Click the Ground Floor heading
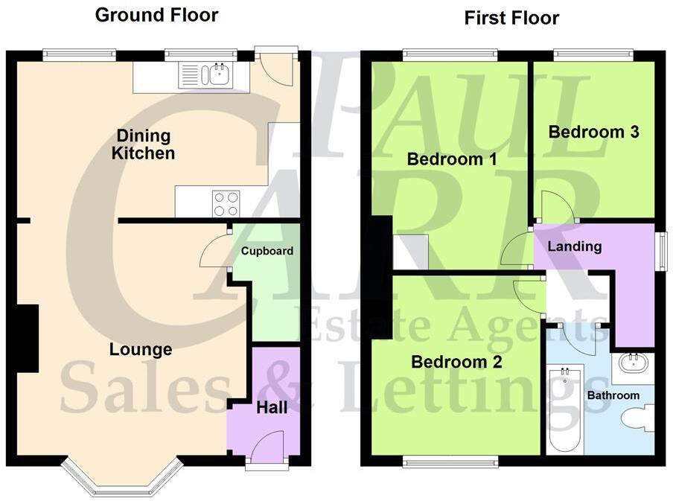[x=156, y=15]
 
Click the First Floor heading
[x=511, y=18]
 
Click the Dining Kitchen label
[x=143, y=145]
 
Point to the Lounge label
[x=141, y=349]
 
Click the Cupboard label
[x=267, y=251]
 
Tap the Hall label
[x=272, y=408]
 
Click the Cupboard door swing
[x=216, y=252]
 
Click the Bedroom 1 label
[x=451, y=159]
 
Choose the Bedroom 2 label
[x=456, y=363]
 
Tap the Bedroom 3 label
[x=593, y=133]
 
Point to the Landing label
[x=574, y=246]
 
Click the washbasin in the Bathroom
[x=634, y=365]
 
